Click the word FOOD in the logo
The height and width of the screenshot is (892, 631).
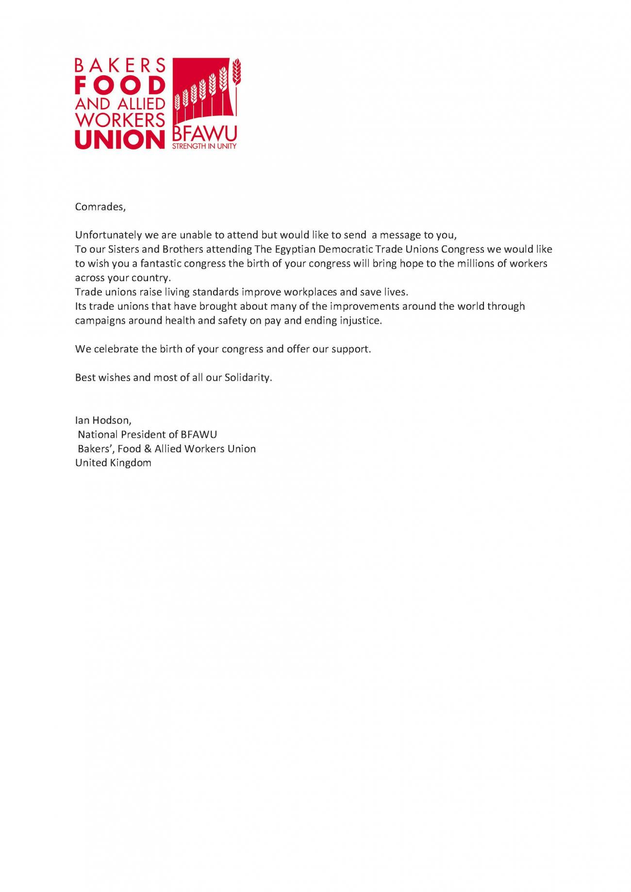click(x=120, y=85)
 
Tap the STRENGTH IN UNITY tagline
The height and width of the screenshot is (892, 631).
click(x=204, y=146)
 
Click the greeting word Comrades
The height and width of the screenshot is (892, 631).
click(x=100, y=207)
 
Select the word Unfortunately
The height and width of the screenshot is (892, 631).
click(x=109, y=236)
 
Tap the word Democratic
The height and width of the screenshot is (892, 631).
click(x=345, y=250)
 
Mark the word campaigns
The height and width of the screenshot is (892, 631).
click(x=100, y=321)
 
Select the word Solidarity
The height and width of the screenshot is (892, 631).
click(x=248, y=378)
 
